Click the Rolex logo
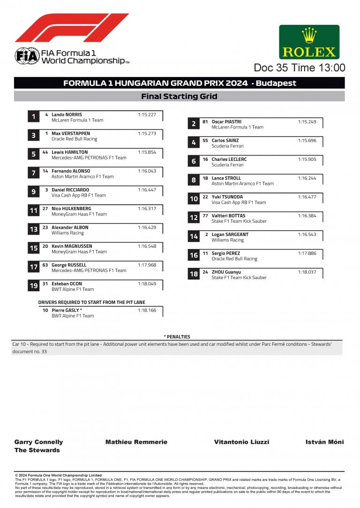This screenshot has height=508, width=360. click(309, 42)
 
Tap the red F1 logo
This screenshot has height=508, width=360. click(72, 28)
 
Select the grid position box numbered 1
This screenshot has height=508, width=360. click(33, 117)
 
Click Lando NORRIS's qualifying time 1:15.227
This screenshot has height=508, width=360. click(147, 114)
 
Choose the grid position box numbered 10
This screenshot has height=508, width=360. click(194, 199)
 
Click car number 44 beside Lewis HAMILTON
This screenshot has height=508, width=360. click(45, 152)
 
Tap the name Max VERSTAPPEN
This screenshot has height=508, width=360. click(70, 134)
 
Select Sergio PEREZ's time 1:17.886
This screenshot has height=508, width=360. click(307, 253)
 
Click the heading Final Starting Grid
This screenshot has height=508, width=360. click(179, 97)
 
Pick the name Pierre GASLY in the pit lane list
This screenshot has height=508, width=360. click(67, 311)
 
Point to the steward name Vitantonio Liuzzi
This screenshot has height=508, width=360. click(241, 442)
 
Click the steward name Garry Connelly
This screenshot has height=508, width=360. click(38, 442)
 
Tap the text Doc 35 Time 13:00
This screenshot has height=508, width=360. click(300, 68)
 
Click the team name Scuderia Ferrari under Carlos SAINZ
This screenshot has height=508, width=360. click(227, 146)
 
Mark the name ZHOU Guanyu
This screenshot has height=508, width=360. click(226, 272)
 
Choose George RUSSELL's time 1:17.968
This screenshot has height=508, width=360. click(147, 265)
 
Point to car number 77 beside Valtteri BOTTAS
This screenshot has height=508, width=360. click(205, 216)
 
